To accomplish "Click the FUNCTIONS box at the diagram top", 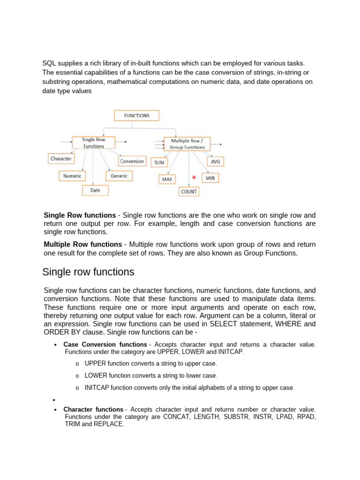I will [136, 115].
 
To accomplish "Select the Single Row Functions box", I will [94, 143].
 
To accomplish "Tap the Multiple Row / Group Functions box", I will [187, 143].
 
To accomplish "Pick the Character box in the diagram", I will [61, 158].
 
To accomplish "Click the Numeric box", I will [72, 176].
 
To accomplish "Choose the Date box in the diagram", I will [95, 190].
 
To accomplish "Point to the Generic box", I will [119, 176].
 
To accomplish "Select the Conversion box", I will [132, 161].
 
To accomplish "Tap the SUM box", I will [159, 162].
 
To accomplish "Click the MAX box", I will [167, 179].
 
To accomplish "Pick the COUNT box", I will [189, 191].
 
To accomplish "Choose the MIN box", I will [210, 178].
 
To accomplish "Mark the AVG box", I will [215, 161].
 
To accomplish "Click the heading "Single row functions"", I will [88, 272].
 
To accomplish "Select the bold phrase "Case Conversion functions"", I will [105, 345].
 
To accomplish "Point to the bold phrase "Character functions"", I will [93, 409].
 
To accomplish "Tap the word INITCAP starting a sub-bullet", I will [95, 388].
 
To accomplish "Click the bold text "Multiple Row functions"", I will [82, 244].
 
